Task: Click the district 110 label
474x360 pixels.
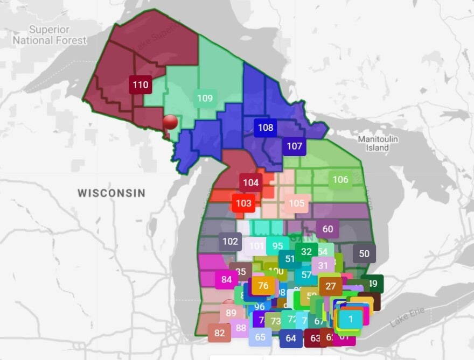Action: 140,85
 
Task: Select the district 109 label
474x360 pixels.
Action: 205,98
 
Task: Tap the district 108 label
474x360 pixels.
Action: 265,128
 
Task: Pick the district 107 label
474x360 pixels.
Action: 294,146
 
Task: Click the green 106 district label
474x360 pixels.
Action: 340,180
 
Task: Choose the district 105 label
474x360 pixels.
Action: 296,203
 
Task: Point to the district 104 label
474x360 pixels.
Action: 250,183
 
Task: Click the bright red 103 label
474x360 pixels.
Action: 243,203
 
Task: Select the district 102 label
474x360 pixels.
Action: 230,241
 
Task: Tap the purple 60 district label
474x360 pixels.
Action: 327,229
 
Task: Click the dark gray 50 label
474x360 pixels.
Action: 364,253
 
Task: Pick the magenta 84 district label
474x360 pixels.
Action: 226,279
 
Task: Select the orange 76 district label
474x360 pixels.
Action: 263,286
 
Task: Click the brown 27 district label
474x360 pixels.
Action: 330,286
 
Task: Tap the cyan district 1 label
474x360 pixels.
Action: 351,319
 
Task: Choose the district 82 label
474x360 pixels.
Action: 219,333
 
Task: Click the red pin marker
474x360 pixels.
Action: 170,122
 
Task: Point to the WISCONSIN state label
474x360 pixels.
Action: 111,193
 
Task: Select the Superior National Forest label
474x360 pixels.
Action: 50,35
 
